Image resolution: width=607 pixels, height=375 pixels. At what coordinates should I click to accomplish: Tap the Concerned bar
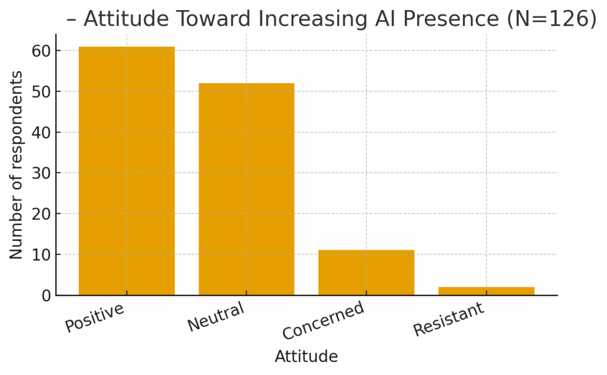click(x=366, y=272)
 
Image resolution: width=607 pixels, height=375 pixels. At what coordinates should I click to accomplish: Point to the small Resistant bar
click(x=485, y=291)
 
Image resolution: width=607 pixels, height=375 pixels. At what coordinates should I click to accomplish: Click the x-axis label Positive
click(x=95, y=317)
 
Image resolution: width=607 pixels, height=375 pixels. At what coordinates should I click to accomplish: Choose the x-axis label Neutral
click(x=216, y=317)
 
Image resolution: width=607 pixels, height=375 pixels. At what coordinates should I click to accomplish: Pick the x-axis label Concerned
click(x=324, y=320)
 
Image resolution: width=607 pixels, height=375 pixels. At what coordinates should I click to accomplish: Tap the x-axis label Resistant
click(x=449, y=319)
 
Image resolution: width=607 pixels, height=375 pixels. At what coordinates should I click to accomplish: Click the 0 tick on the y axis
click(x=46, y=295)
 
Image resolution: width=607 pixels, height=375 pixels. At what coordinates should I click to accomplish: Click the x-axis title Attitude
click(x=306, y=357)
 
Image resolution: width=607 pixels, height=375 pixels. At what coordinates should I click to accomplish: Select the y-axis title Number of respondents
click(x=17, y=165)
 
